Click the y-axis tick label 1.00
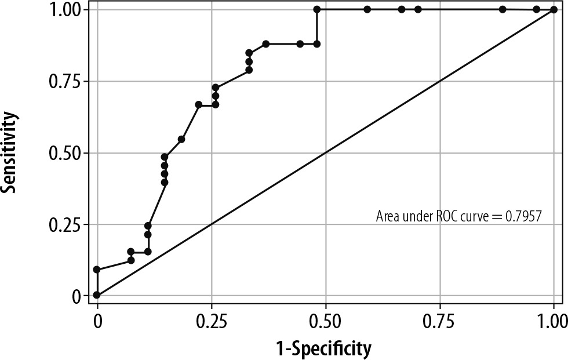tap(65, 10)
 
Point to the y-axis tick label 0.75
tap(65, 81)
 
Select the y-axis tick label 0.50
tap(65, 153)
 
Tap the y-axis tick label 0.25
tap(65, 224)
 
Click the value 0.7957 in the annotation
tap(524, 217)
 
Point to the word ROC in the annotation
tap(450, 217)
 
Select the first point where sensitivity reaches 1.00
tap(317, 9)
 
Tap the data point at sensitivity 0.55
tap(181, 139)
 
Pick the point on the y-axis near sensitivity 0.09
tap(97, 270)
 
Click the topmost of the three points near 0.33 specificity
tap(249, 53)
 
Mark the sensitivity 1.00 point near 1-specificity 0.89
tap(503, 9)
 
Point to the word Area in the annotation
tap(388, 217)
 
